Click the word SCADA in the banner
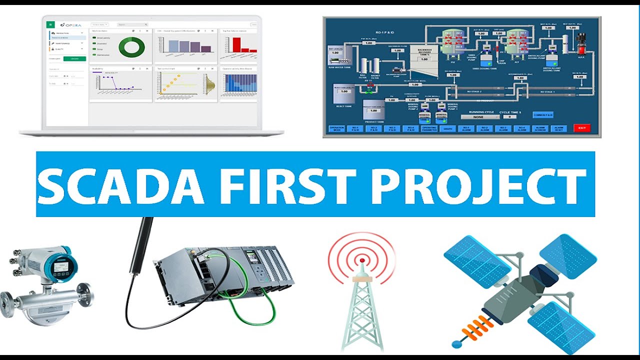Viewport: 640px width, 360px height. [120, 185]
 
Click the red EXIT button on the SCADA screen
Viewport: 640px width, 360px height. [581, 128]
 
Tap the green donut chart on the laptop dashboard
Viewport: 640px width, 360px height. [131, 47]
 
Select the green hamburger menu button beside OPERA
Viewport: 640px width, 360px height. [50, 24]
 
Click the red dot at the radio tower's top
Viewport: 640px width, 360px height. [361, 260]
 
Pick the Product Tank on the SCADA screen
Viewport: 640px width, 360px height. [373, 110]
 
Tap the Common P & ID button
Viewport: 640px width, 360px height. [542, 114]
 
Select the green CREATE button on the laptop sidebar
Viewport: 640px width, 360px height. [74, 59]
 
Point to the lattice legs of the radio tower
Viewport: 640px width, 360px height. [361, 320]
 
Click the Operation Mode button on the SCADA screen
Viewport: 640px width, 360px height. [336, 128]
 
